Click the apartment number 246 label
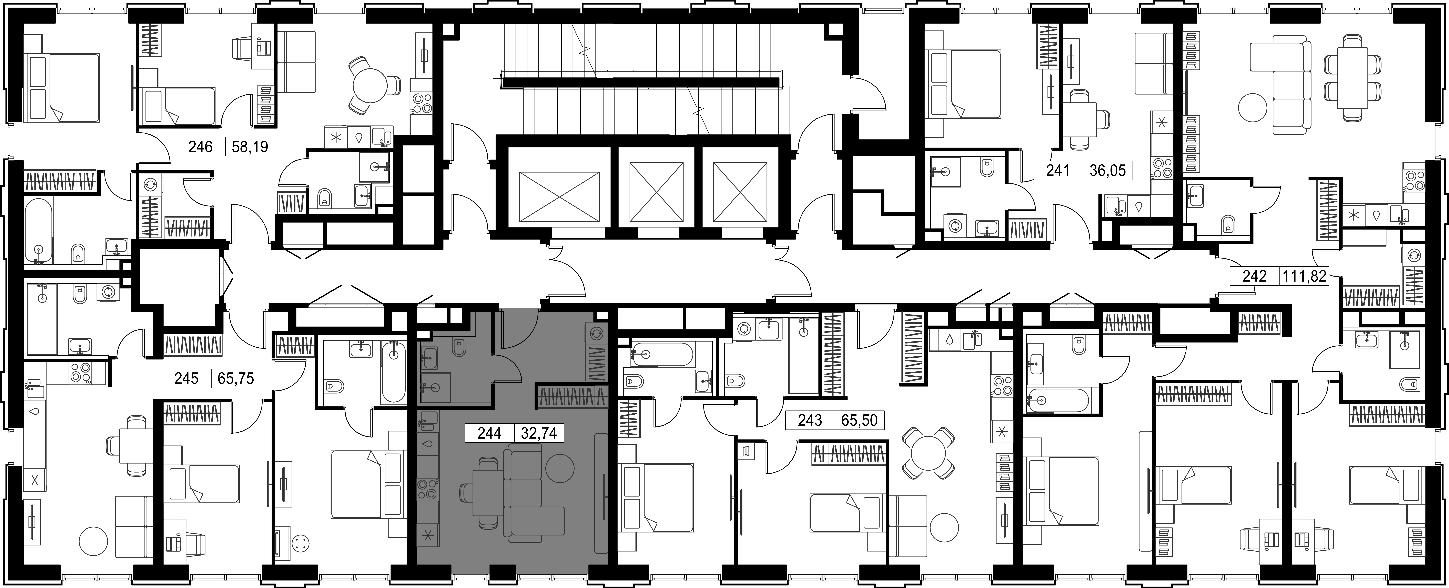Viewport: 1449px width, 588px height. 200,147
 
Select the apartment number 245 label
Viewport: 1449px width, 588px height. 186,378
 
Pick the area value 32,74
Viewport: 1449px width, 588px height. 539,433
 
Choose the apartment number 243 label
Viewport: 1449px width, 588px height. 810,420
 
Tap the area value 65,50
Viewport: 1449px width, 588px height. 860,420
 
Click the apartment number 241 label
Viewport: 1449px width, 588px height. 1057,170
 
